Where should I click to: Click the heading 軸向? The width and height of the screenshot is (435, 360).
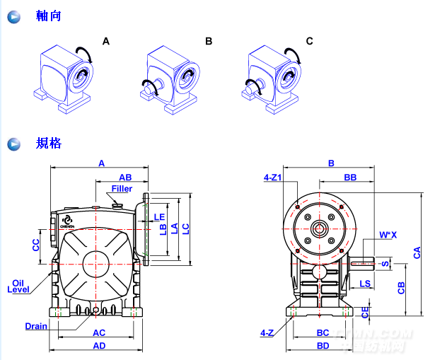tap(49, 16)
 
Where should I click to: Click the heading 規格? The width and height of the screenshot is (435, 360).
tap(49, 144)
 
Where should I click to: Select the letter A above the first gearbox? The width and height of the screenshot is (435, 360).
tap(106, 42)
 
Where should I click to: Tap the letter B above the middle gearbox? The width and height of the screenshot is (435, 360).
tap(209, 42)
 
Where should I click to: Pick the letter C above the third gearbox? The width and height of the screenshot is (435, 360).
tap(309, 42)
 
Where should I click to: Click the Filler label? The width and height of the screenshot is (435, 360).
tap(122, 189)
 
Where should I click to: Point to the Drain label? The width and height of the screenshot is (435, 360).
tap(36, 327)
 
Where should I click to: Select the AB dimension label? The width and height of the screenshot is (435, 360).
tap(125, 177)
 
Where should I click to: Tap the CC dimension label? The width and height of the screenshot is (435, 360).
tap(36, 244)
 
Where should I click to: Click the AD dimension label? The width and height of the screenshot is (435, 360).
tap(100, 346)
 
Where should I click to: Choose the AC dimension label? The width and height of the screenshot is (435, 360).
tap(100, 332)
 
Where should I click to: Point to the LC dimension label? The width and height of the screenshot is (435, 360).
tap(185, 228)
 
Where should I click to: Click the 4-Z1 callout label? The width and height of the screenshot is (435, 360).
tap(272, 177)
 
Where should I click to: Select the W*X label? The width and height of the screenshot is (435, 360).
tap(388, 234)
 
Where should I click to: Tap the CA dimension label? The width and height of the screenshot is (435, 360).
tap(417, 251)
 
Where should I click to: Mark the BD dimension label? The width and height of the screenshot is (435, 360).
tap(323, 346)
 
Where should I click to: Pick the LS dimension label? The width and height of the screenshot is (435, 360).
tap(365, 284)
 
